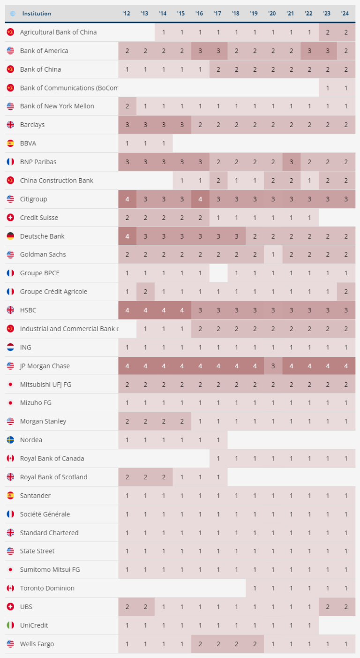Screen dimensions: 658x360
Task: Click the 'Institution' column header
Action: tap(37, 14)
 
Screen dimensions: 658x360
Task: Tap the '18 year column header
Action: tap(236, 14)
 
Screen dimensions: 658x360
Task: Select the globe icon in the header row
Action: tap(13, 14)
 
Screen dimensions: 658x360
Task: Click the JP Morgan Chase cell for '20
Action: tap(272, 366)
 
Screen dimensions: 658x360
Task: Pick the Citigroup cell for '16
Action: tap(200, 199)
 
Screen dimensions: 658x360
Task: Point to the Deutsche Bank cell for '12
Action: tap(127, 236)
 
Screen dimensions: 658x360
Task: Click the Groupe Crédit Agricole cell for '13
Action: tap(145, 292)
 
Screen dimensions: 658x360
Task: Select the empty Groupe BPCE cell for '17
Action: tap(218, 273)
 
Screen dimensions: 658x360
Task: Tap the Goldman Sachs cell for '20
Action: tap(272, 255)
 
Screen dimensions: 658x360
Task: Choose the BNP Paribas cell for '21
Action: tap(291, 162)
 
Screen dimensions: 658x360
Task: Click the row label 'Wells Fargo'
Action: tap(37, 644)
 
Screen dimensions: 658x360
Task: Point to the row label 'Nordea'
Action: tap(31, 440)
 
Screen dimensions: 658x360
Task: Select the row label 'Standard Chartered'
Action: tap(49, 533)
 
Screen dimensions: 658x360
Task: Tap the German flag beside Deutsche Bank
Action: tap(10, 236)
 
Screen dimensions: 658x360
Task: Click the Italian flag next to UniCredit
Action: tap(10, 625)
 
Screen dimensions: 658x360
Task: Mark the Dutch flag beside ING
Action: tap(10, 348)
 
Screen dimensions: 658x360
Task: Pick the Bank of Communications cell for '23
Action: tap(327, 88)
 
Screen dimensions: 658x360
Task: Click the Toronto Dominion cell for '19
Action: tap(254, 588)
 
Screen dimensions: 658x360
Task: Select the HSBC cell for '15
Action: tap(181, 310)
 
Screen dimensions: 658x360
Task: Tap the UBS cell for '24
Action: tap(346, 607)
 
